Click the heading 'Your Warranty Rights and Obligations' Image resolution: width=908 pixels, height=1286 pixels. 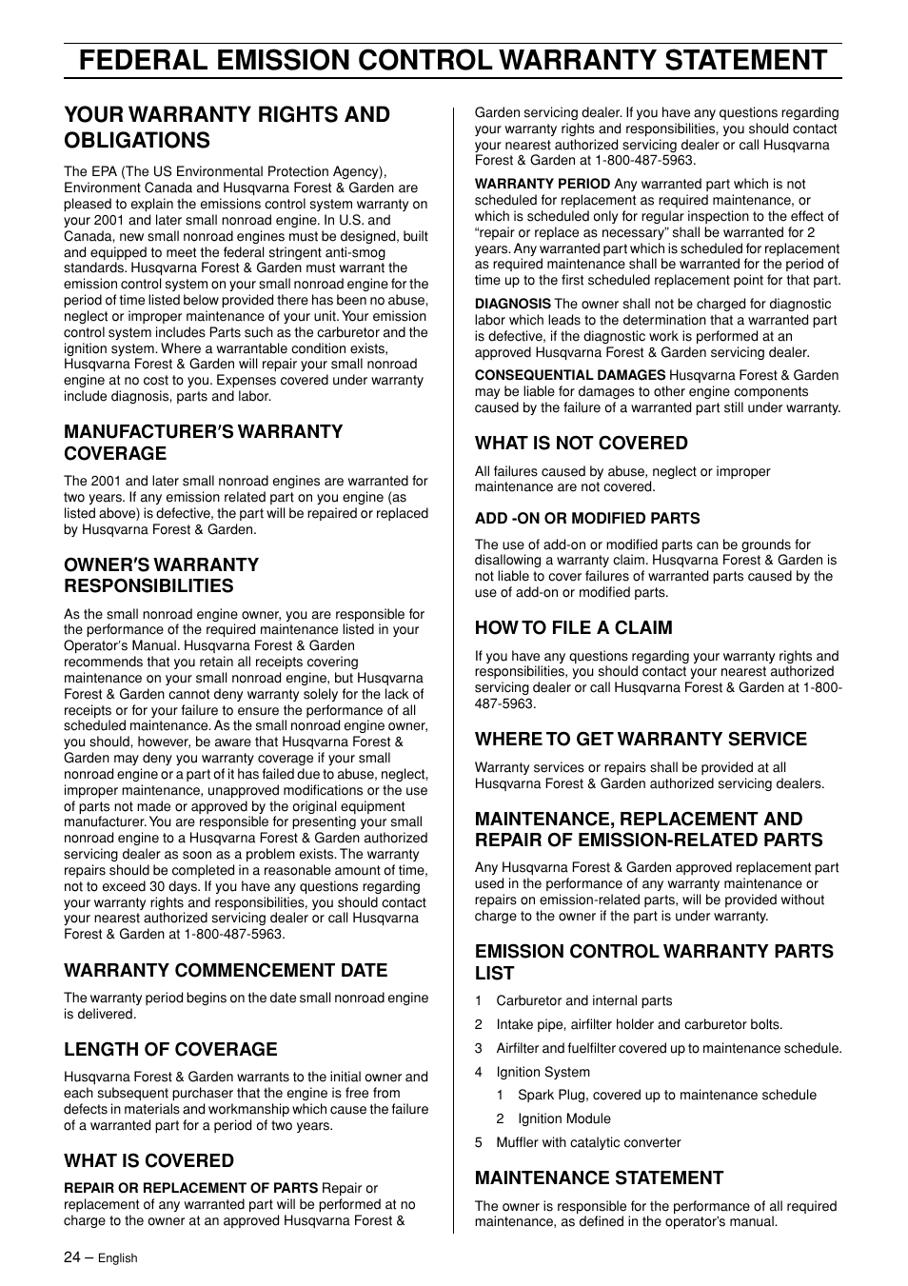[227, 128]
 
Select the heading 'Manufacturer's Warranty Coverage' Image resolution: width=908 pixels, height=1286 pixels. [203, 443]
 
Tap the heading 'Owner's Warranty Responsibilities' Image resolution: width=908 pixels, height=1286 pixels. [161, 575]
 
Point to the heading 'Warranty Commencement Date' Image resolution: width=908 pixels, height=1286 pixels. [226, 970]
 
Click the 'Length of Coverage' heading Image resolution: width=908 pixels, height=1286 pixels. [170, 1049]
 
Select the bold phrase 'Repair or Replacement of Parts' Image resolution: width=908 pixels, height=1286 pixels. [190, 1188]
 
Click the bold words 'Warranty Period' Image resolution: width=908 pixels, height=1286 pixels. [543, 184]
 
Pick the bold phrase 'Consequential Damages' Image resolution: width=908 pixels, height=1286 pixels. [570, 375]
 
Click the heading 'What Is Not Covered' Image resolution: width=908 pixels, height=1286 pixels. [581, 443]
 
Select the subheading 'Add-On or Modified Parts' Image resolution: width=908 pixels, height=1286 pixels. [587, 518]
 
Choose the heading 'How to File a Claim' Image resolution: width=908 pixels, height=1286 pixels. [573, 627]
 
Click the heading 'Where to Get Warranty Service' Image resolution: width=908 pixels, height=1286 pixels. [641, 739]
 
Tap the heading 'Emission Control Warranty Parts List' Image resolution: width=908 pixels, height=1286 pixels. [654, 961]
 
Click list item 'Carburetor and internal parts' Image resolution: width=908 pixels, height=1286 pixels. [583, 1000]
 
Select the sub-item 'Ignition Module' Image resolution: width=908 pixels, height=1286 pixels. [563, 1118]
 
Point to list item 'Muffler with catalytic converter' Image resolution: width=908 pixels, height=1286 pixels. [588, 1142]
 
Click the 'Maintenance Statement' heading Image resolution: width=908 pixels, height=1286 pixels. [599, 1177]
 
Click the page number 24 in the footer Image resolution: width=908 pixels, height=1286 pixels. [73, 1256]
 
